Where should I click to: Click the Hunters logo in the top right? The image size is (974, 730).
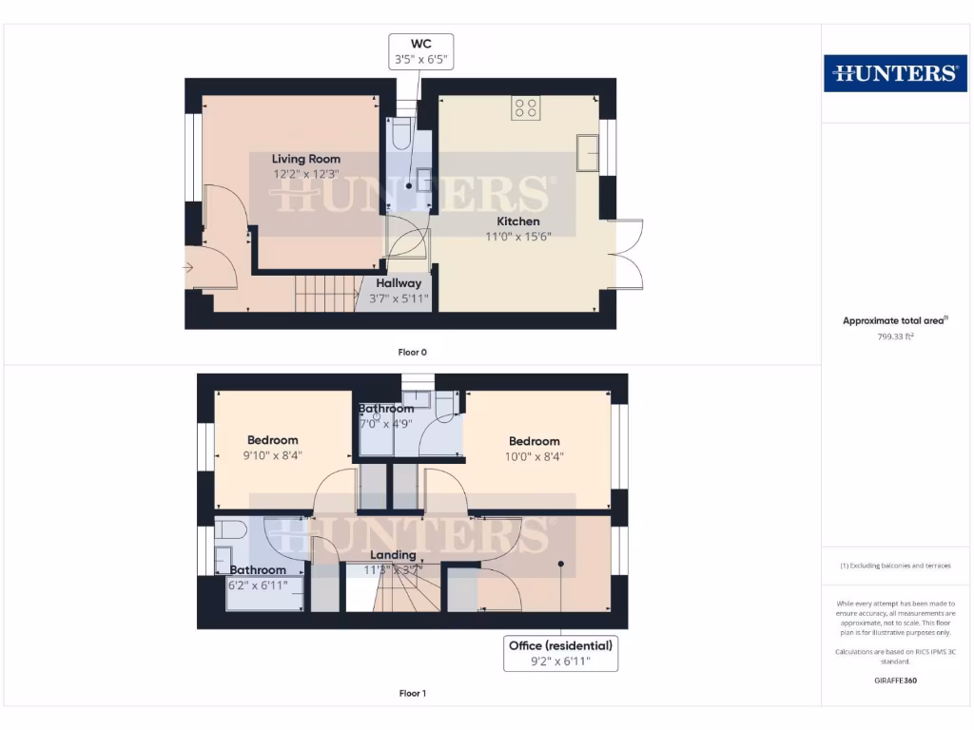[894, 72]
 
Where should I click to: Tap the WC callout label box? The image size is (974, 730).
[419, 51]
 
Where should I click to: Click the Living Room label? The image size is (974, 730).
[306, 159]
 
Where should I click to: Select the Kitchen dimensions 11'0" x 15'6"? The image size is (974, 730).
[517, 237]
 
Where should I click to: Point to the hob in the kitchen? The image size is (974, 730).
[525, 107]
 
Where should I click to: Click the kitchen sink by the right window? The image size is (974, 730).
[588, 153]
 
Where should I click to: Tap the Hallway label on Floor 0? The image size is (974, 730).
[399, 283]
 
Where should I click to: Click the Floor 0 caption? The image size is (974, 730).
[412, 352]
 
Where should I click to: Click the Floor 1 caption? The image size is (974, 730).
[412, 693]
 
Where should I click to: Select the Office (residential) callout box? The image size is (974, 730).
[560, 653]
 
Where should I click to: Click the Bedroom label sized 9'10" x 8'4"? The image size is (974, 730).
[273, 440]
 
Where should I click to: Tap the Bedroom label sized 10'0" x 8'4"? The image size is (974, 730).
[534, 441]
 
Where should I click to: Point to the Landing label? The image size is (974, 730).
[393, 555]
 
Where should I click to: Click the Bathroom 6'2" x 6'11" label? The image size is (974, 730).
[258, 570]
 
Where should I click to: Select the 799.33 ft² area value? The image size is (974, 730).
[894, 336]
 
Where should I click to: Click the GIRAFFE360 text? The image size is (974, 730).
[894, 681]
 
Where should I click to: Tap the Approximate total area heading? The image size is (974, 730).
[894, 321]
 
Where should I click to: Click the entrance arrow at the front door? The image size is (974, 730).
[190, 268]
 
